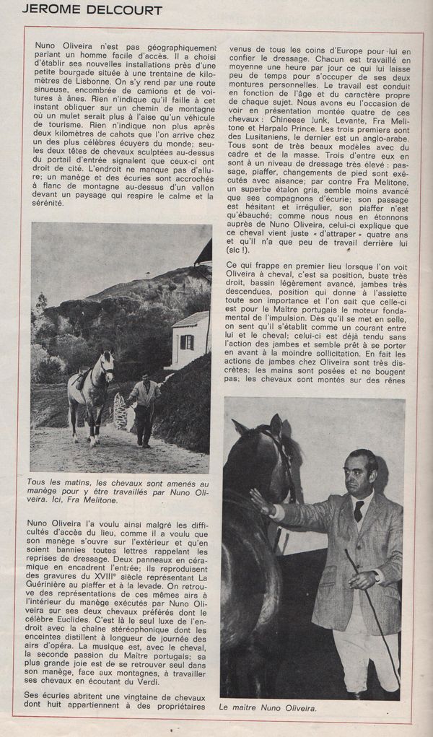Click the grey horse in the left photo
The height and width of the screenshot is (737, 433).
coord(89,393)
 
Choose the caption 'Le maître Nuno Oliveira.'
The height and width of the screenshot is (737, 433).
coord(268,708)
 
